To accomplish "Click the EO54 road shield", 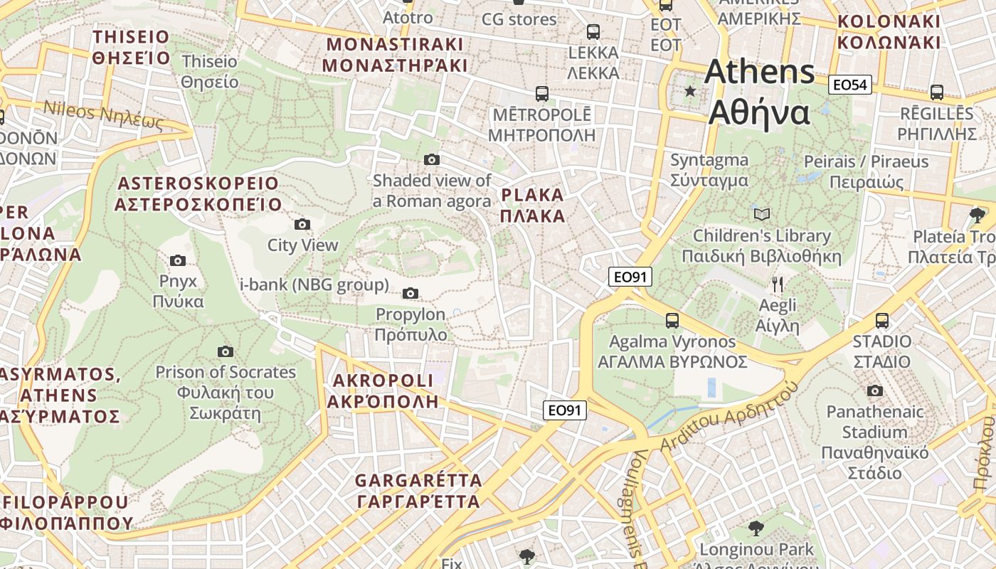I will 849,85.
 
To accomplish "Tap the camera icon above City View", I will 302,225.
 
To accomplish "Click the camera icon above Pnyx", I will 178,260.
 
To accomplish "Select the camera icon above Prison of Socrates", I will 226,351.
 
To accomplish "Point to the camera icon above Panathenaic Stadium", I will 874,390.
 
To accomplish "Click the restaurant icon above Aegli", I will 778,284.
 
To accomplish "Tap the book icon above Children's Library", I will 761,214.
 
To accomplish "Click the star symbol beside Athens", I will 689,91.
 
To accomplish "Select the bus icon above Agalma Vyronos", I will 672,320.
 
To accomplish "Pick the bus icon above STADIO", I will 882,320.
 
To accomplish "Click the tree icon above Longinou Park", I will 756,528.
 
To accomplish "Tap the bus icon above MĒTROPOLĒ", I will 542,93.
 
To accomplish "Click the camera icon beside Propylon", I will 410,293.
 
